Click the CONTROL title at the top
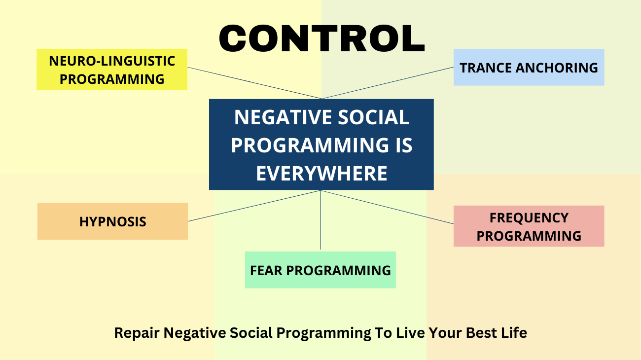click(x=321, y=38)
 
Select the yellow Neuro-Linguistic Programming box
click(x=112, y=70)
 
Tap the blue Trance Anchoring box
click(x=529, y=68)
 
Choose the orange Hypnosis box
click(x=112, y=221)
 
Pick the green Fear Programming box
click(x=320, y=270)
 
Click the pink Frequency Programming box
click(x=529, y=226)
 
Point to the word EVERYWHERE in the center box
click(x=321, y=174)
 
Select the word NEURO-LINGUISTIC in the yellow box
click(x=112, y=61)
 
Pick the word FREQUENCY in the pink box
click(x=529, y=217)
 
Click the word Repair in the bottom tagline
click(x=137, y=333)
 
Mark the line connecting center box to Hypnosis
click(x=254, y=206)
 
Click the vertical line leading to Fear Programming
click(x=320, y=219)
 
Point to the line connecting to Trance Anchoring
click(x=387, y=83)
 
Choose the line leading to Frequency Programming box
click(x=387, y=207)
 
